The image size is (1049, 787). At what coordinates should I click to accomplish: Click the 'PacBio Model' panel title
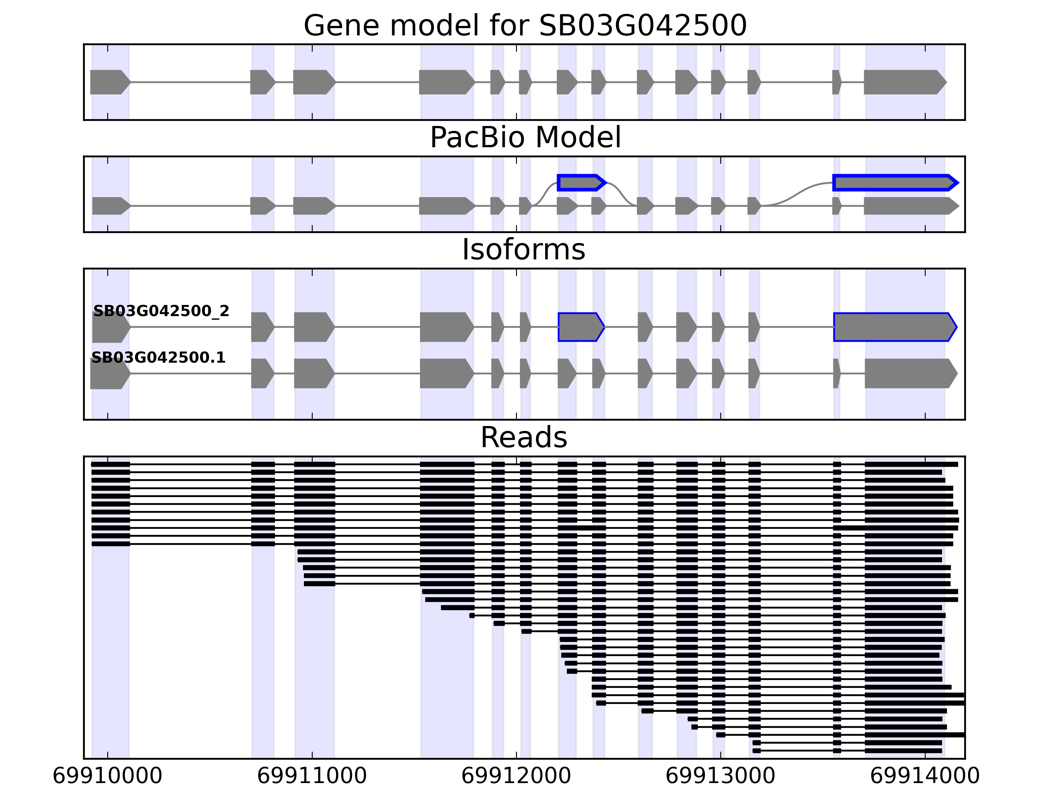[x=525, y=138]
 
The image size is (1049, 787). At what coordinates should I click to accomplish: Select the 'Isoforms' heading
[x=524, y=250]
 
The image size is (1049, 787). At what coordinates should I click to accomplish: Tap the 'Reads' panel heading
[x=524, y=437]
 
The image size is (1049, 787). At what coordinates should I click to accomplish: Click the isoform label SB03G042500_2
[x=161, y=311]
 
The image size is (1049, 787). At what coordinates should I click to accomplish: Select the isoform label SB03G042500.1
[x=158, y=358]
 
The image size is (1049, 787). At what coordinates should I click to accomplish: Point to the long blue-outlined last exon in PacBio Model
[x=894, y=183]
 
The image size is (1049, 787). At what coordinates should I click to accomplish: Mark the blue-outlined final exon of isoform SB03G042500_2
[x=894, y=327]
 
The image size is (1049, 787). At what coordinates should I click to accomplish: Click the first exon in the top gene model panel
[x=109, y=82]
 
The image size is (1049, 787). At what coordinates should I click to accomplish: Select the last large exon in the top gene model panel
[x=904, y=82]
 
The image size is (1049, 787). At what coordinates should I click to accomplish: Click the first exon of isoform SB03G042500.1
[x=109, y=374]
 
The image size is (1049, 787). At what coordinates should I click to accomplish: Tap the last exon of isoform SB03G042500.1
[x=910, y=374]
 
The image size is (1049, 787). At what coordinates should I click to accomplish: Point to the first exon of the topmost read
[x=110, y=464]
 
